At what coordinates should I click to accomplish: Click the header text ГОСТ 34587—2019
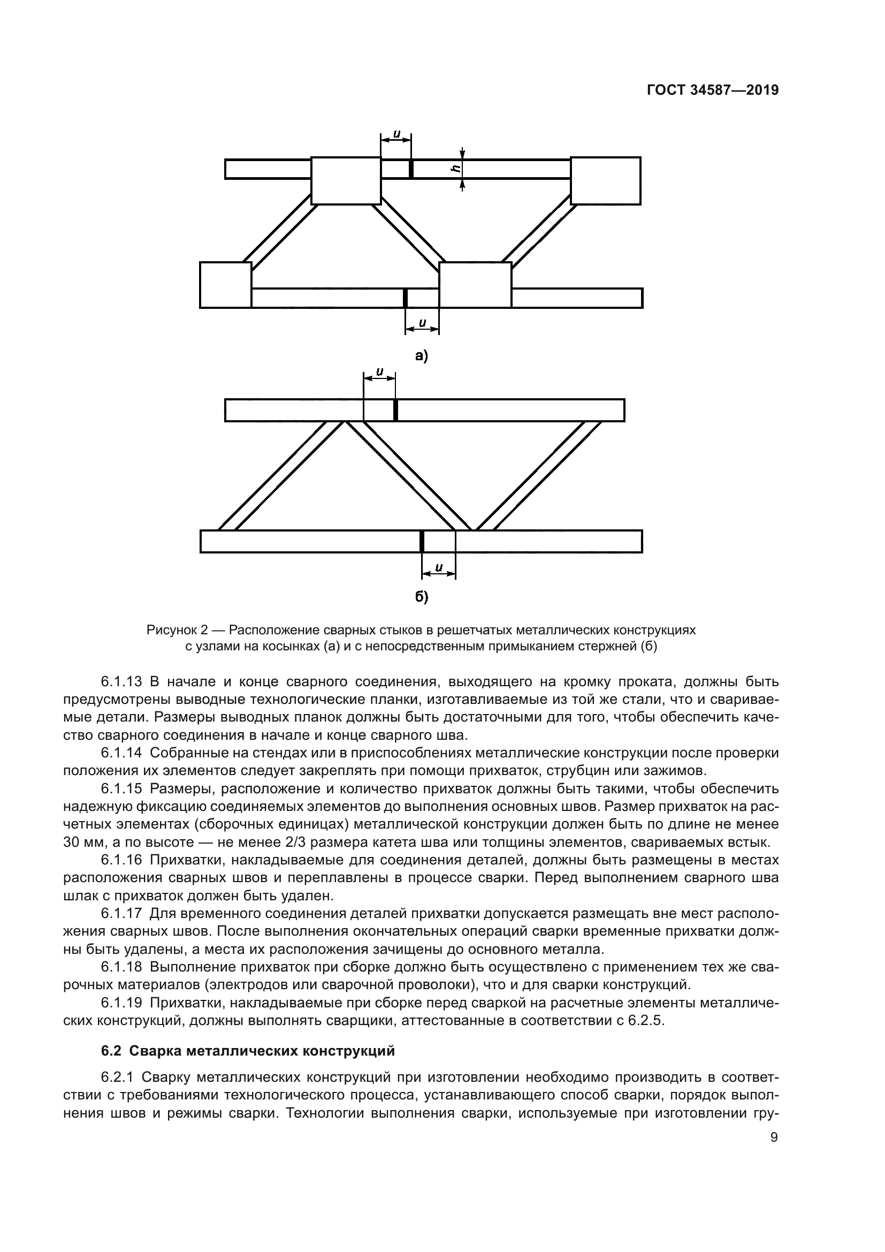pyautogui.click(x=712, y=90)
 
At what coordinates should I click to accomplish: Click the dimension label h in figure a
pyautogui.click(x=453, y=169)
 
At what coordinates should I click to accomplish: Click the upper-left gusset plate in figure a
pyautogui.click(x=346, y=180)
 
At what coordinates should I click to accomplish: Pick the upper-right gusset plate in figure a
pyautogui.click(x=606, y=180)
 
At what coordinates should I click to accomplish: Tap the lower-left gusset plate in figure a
pyautogui.click(x=226, y=285)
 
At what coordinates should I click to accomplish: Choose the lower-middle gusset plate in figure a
pyautogui.click(x=475, y=285)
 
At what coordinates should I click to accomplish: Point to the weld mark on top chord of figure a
pyautogui.click(x=411, y=169)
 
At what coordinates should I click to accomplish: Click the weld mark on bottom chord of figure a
pyautogui.click(x=405, y=298)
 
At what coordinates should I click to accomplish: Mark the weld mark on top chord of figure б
pyautogui.click(x=395, y=411)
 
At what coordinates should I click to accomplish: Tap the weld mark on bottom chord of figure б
pyautogui.click(x=422, y=542)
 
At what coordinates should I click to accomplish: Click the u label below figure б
pyautogui.click(x=438, y=567)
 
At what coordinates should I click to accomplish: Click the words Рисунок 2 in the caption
pyautogui.click(x=177, y=631)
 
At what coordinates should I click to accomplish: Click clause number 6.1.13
pyautogui.click(x=121, y=681)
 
